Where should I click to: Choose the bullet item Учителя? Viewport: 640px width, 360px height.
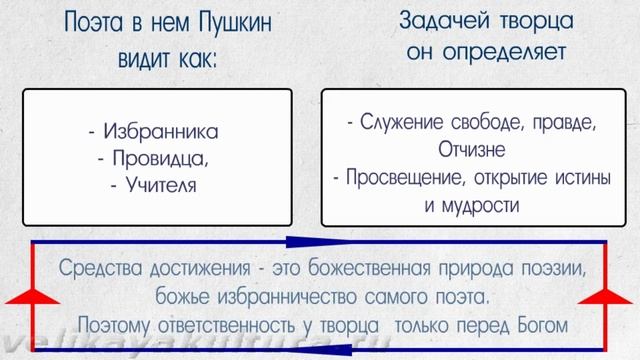click(158, 184)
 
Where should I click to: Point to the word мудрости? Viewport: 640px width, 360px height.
click(485, 205)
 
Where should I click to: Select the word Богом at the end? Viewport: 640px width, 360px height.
click(538, 324)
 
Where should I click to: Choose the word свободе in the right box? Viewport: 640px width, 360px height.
click(478, 123)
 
